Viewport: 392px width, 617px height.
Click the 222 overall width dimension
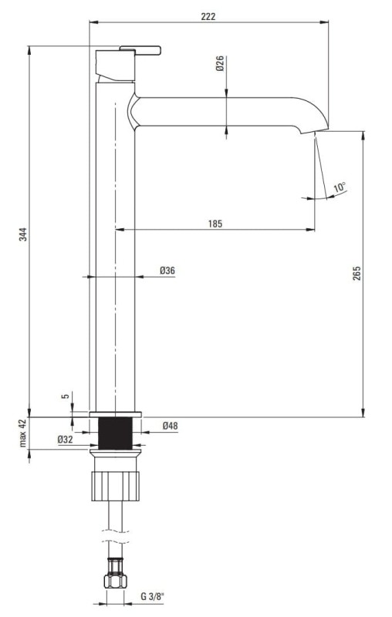208,16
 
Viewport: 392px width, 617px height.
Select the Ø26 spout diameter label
220,63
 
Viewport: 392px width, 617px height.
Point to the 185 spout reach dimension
215,224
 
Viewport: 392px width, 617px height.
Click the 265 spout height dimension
357,273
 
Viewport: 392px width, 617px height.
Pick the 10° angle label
340,187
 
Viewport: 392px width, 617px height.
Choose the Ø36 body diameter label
167,271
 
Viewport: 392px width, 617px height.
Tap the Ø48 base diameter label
170,426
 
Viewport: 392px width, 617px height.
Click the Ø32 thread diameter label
66,440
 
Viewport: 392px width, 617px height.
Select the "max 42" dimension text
23,433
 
